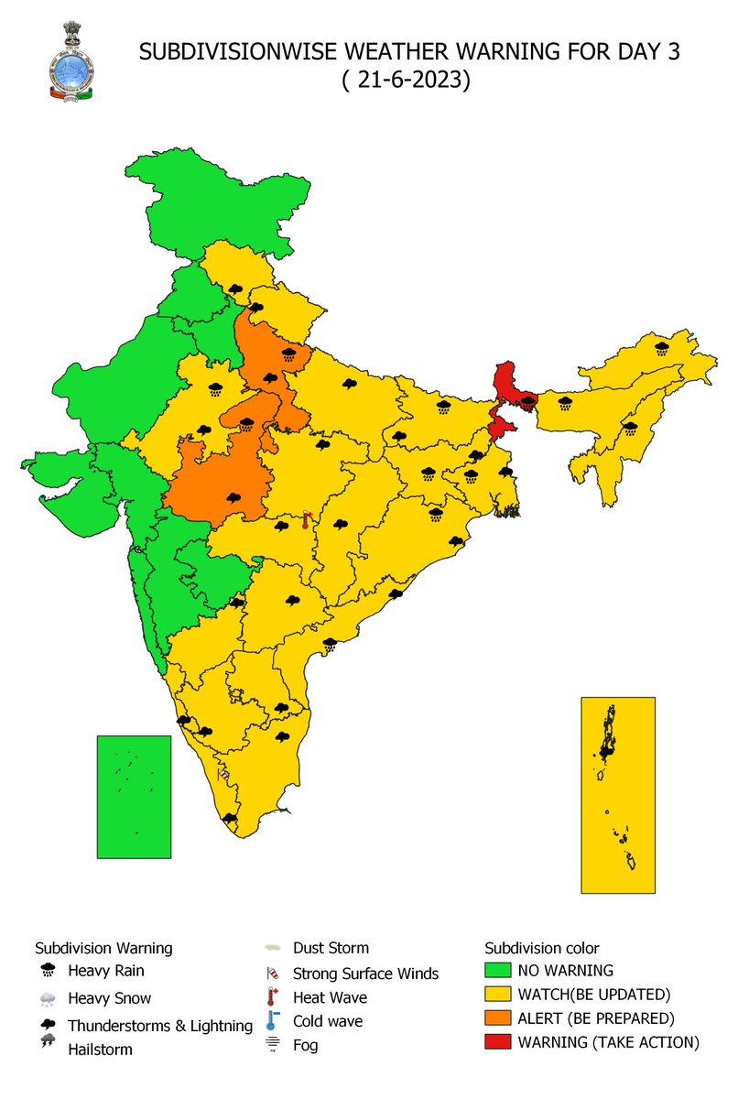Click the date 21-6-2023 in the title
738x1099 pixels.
coord(407,80)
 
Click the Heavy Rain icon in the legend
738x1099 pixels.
coord(48,971)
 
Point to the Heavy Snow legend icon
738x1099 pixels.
coord(48,999)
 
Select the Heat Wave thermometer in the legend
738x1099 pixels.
coord(273,996)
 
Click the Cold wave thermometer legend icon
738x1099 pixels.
coord(273,1020)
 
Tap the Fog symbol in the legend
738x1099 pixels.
coord(273,1045)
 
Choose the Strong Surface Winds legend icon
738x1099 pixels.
coord(273,974)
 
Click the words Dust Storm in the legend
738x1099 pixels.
coord(331,948)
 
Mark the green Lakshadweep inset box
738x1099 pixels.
coord(134,796)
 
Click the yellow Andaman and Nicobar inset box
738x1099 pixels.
coord(618,794)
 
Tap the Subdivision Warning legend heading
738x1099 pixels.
coord(103,948)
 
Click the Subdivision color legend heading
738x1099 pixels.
coord(542,948)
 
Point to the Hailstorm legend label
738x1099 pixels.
coord(100,1050)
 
